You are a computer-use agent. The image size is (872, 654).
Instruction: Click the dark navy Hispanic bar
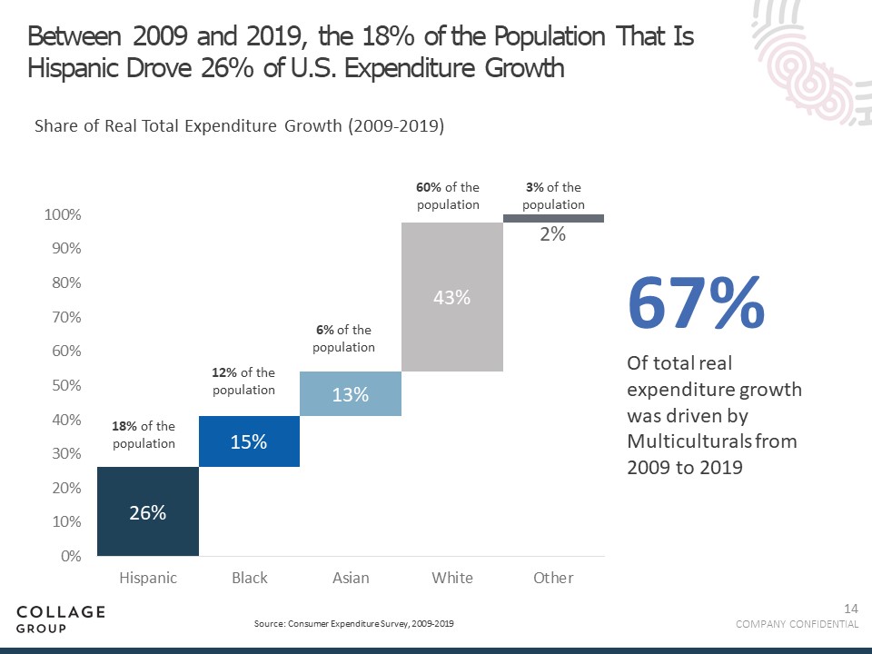[147, 511]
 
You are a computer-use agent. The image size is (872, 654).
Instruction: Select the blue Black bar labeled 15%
[249, 441]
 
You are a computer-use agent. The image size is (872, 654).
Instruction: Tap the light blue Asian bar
[351, 394]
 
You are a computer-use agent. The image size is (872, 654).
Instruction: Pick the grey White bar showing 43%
[451, 297]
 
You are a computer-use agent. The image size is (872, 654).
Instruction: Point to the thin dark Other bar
[553, 219]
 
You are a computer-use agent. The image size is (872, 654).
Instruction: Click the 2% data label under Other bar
[553, 234]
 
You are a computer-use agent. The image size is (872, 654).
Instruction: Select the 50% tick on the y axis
[63, 385]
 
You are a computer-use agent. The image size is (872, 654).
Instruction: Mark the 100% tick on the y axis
[63, 215]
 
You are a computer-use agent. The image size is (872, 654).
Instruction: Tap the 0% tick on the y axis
[71, 556]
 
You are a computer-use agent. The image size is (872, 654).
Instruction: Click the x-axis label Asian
[351, 578]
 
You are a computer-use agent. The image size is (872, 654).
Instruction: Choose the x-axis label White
[451, 578]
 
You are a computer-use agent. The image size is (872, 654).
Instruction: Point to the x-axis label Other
[553, 578]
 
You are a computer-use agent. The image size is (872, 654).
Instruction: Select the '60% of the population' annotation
[448, 196]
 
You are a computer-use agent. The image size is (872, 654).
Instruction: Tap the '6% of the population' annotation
[343, 339]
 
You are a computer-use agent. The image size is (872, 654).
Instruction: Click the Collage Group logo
[61, 619]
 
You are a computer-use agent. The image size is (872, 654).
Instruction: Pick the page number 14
[851, 608]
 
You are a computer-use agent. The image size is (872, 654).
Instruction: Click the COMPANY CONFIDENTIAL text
[797, 624]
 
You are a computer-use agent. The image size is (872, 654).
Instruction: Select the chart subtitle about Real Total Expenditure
[239, 127]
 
